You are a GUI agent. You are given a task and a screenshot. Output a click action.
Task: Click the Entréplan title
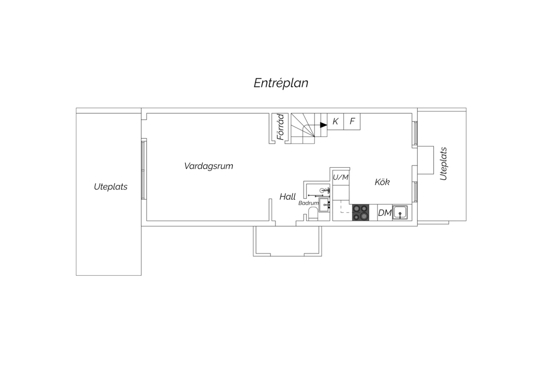point(281,83)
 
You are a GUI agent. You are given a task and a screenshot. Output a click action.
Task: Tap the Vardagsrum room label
point(208,166)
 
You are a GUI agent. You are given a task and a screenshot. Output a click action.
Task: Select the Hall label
point(288,197)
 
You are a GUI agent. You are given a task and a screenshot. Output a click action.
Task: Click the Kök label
point(382,182)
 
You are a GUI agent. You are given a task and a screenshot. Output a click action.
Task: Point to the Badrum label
point(308,203)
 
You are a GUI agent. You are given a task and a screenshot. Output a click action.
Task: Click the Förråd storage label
point(280,127)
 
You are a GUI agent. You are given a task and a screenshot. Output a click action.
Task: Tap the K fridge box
point(335,121)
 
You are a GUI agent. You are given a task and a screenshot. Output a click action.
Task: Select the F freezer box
point(352,121)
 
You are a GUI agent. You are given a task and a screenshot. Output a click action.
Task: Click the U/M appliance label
point(341,177)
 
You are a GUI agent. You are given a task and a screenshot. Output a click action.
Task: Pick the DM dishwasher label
point(385,213)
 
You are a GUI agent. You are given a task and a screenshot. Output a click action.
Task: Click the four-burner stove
point(361,213)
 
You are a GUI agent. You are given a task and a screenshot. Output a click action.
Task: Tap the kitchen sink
point(400,212)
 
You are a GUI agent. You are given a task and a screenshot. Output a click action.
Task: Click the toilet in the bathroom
point(313,214)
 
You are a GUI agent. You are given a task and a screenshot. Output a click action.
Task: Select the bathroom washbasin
point(324,205)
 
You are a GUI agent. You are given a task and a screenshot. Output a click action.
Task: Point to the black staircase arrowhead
point(323,125)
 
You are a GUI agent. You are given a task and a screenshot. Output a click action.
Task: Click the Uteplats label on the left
point(111,187)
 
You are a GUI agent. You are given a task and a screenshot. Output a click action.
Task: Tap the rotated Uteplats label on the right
point(443,164)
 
